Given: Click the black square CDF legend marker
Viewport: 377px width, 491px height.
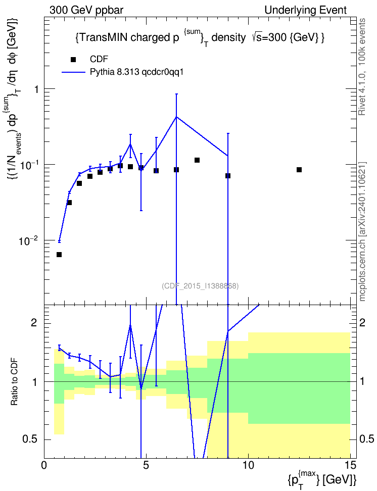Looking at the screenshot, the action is (x=73, y=60).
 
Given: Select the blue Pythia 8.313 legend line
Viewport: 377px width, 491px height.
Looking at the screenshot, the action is (x=73, y=72).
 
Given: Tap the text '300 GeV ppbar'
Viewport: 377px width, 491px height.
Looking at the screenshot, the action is (x=86, y=10).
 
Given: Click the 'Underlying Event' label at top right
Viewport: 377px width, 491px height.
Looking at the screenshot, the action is (x=306, y=10).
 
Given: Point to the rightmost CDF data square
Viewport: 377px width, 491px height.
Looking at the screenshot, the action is (x=299, y=170).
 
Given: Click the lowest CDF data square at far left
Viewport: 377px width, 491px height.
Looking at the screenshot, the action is (x=59, y=255).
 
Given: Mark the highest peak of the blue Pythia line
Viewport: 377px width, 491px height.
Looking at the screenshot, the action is (x=176, y=117).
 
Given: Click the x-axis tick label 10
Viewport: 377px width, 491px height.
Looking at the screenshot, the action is (x=248, y=466).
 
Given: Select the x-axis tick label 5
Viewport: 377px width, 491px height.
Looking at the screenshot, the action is (x=146, y=466).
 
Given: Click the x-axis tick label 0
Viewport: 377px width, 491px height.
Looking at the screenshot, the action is (x=44, y=466).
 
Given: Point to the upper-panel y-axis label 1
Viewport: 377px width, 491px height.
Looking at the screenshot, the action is (x=36, y=89).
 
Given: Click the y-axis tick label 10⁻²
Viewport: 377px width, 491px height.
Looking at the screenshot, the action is (x=29, y=240).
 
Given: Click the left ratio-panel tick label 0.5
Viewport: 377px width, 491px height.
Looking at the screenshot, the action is (x=31, y=439).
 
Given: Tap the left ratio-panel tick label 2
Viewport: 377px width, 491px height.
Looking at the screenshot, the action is (x=34, y=323).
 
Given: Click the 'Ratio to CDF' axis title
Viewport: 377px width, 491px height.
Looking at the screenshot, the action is (x=14, y=382).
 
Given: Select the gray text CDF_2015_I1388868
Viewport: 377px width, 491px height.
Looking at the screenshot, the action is (x=200, y=286).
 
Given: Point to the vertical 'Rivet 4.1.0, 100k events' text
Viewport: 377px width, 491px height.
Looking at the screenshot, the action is (x=362, y=67).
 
